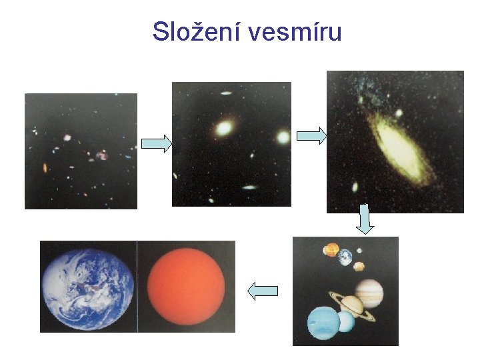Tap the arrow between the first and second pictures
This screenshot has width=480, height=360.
coord(157,143)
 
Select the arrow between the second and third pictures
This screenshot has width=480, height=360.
coord(311,136)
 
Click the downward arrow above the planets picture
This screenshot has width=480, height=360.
coord(365,219)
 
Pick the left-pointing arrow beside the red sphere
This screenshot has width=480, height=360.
coord(262,290)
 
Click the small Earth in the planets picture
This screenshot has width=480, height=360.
coord(345,257)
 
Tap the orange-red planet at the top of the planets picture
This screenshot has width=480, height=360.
coord(331,250)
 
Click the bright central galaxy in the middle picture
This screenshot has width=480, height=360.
coord(225,127)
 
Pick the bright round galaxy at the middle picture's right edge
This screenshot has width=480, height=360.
coord(283,137)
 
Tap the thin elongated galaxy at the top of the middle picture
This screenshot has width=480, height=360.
coord(225,93)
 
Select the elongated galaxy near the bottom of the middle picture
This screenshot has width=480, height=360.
coord(249,187)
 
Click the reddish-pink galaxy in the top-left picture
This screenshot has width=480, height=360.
coord(101,155)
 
